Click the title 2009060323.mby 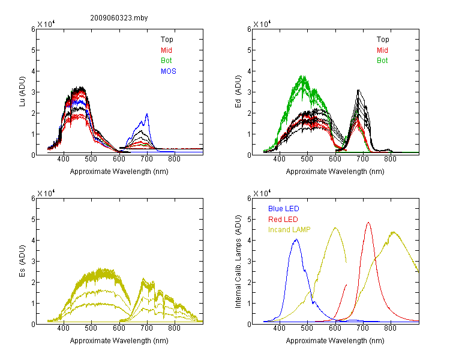(119, 18)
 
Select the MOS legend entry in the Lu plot (169, 71)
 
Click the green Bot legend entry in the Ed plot (382, 61)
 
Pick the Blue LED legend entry (284, 209)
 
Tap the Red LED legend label (283, 220)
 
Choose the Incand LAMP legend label (289, 230)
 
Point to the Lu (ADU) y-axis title (22, 91)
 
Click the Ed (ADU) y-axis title (238, 92)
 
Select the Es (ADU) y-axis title (22, 261)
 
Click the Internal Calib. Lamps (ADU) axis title (238, 262)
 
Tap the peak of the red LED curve (368, 223)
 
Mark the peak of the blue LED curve (296, 239)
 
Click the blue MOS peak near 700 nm (147, 114)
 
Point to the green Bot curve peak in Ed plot (302, 76)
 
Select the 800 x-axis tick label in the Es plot (174, 328)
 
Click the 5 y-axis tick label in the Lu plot (33, 50)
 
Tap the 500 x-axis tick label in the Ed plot (307, 159)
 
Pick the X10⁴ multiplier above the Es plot (46, 193)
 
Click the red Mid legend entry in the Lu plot (166, 50)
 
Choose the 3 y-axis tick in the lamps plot (249, 262)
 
